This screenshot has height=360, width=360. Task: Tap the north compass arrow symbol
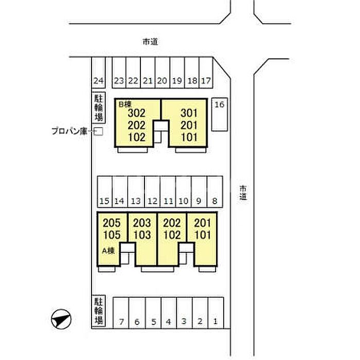click(60, 319)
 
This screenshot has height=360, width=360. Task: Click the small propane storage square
click(100, 132)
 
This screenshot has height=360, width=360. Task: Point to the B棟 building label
click(124, 104)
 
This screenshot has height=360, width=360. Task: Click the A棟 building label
click(109, 251)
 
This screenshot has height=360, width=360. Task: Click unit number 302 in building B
click(137, 113)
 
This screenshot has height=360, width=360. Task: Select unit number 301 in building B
click(190, 113)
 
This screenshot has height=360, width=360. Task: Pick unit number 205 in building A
click(112, 223)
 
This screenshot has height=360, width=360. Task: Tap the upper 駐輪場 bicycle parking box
click(98, 107)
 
